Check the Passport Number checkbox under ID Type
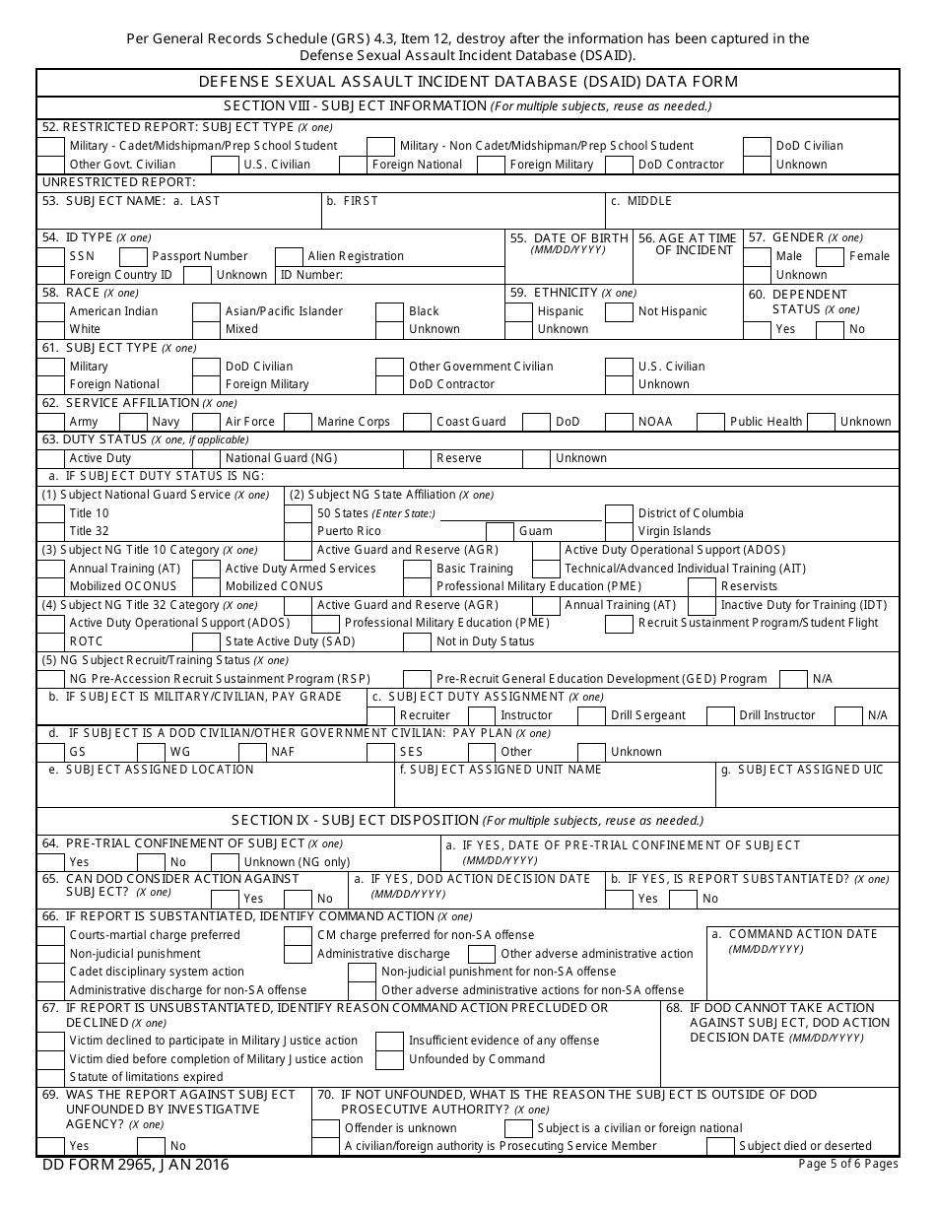(135, 256)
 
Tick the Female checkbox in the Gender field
(832, 256)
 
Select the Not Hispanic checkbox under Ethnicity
(619, 311)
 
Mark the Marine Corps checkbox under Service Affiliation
(298, 422)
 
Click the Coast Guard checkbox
(417, 422)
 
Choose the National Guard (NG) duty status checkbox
(206, 458)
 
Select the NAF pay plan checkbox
(253, 752)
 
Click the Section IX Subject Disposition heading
(468, 820)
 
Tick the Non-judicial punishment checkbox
(50, 954)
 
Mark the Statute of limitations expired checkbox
(50, 1077)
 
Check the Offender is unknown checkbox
(327, 1128)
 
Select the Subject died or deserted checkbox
(721, 1146)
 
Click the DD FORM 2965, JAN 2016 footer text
(135, 1165)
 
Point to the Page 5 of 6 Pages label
(847, 1164)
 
